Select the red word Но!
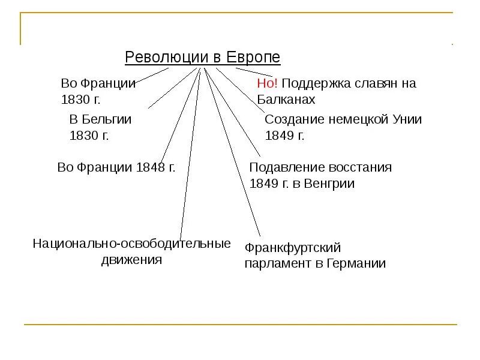click(x=267, y=83)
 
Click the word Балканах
click(x=286, y=100)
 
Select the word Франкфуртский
click(x=293, y=247)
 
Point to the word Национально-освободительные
click(x=132, y=244)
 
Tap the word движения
click(x=132, y=260)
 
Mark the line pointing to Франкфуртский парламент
click(x=234, y=156)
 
